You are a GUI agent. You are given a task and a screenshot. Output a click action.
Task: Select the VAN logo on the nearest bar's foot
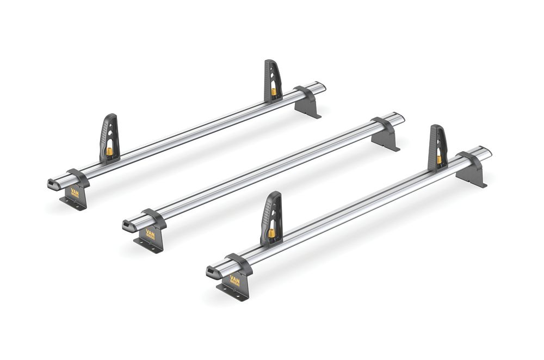tap(234, 280)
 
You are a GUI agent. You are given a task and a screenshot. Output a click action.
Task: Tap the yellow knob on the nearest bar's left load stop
tap(270, 233)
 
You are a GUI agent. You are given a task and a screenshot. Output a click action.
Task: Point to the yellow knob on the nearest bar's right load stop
tap(438, 160)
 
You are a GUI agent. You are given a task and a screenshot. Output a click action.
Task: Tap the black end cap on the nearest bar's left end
tap(212, 271)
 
